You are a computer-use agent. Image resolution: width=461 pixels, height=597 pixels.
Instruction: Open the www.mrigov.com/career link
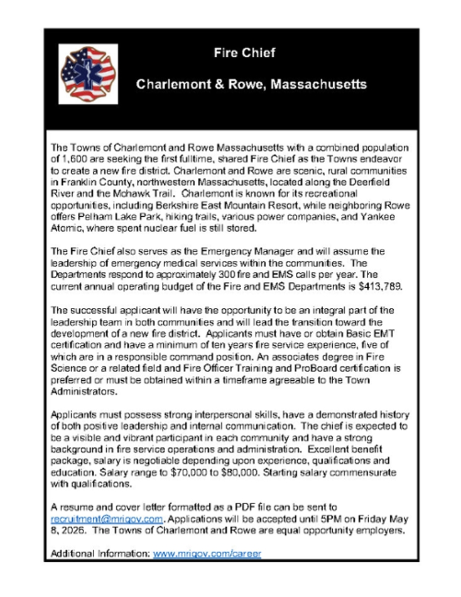coord(207,554)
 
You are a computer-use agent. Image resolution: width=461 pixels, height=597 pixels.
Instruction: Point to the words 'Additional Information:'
coord(100,554)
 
